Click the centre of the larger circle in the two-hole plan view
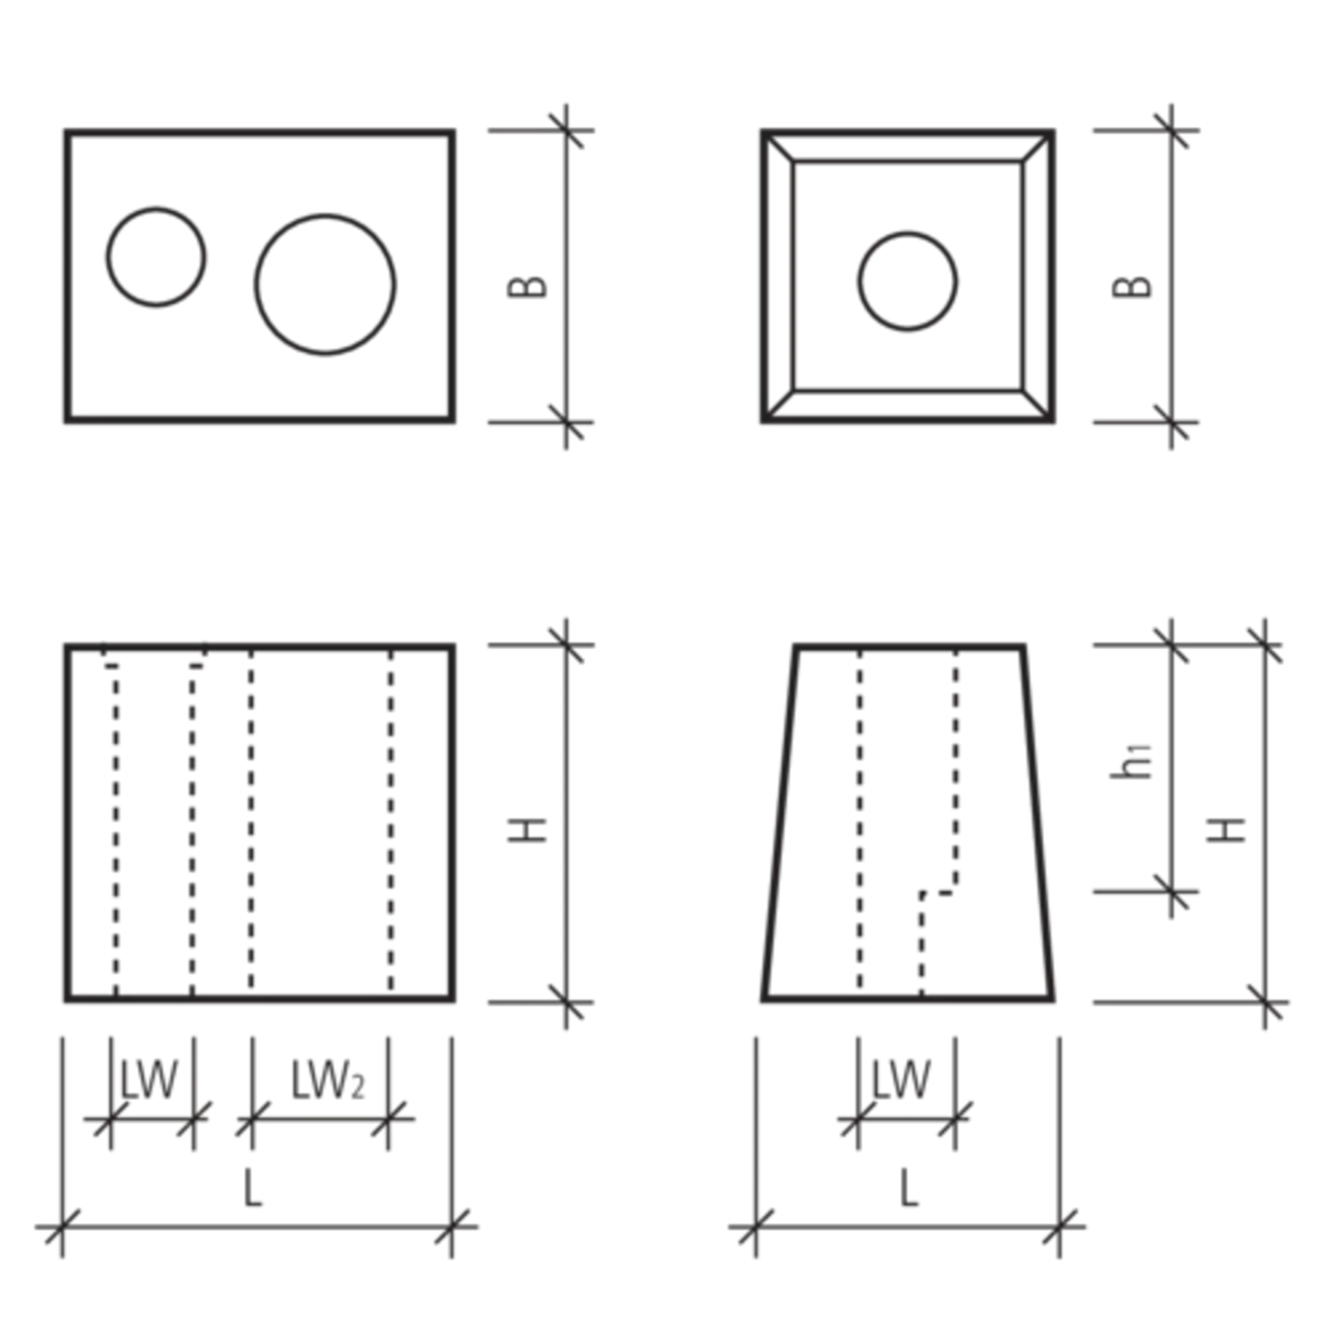click(325, 285)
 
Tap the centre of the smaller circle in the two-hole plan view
click(156, 256)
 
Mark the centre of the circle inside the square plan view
click(907, 281)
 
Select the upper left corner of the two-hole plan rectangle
click(67, 131)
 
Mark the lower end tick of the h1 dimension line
click(1171, 892)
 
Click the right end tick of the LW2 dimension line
click(388, 1119)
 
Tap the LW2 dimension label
click(327, 1081)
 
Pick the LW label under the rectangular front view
click(149, 1080)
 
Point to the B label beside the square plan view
click(1131, 287)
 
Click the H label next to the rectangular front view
click(527, 830)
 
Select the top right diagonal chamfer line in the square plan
click(1037, 146)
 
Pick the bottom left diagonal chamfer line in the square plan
click(779, 405)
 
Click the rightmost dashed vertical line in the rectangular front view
click(391, 821)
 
